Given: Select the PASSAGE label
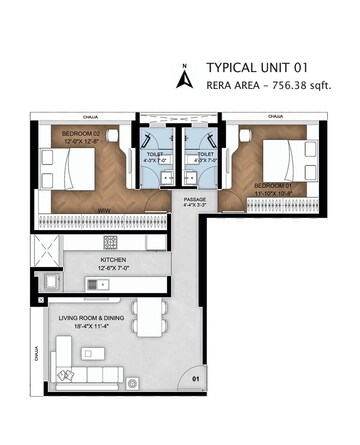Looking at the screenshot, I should click(x=195, y=199).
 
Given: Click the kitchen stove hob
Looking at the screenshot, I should click(x=111, y=244).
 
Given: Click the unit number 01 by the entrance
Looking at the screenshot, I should click(x=197, y=379).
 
